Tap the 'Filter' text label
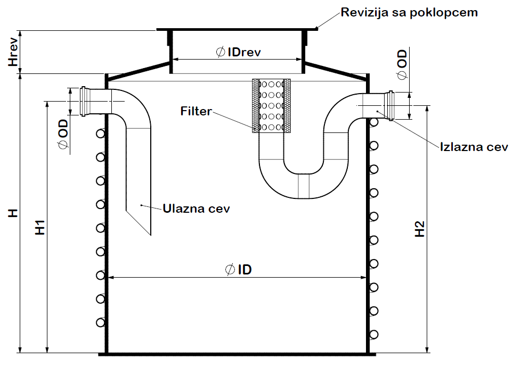tap(196, 112)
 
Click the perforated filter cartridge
tap(271, 105)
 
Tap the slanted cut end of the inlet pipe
tap(139, 220)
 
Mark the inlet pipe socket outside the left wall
tap(84, 101)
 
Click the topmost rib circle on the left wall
tap(100, 133)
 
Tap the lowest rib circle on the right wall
tap(374, 334)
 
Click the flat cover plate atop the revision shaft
tap(238, 28)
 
